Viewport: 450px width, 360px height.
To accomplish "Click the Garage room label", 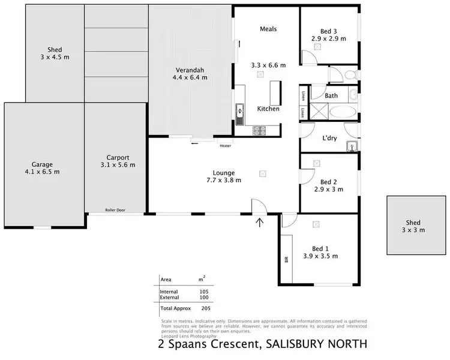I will click(x=42, y=164).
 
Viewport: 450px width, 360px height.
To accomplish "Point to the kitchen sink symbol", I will click(x=240, y=111).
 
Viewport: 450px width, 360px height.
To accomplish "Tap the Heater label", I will click(x=225, y=146).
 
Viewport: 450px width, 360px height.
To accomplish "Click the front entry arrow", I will click(x=260, y=224).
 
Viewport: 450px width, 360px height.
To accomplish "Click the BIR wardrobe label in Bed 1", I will click(x=286, y=260).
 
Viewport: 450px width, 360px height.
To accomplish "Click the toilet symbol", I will click(x=350, y=75).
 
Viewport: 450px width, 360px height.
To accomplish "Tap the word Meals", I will click(x=268, y=29).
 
